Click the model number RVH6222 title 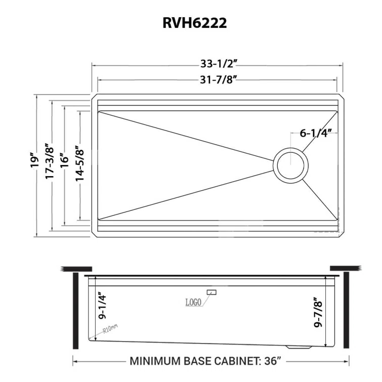click(191, 23)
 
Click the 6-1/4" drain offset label click(315, 134)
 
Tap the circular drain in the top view click(290, 165)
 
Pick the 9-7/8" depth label click(318, 312)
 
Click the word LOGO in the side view click(193, 303)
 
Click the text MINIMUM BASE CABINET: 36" click(205, 361)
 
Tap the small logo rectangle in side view click(211, 292)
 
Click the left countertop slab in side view click(75, 268)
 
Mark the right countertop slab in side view click(345, 268)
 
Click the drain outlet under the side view click(298, 348)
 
